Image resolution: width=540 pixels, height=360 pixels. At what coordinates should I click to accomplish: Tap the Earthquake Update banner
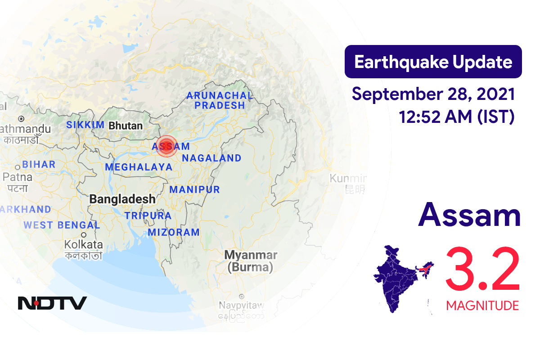point(433,62)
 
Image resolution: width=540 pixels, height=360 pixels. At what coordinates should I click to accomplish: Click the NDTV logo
point(52,303)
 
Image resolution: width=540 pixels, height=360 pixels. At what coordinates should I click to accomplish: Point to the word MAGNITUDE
point(482,306)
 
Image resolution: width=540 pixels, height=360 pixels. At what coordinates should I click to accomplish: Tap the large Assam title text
point(469,216)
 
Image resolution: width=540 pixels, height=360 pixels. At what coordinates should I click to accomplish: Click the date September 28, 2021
point(433,95)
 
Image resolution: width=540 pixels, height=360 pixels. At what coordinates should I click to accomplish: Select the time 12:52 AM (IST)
point(456,117)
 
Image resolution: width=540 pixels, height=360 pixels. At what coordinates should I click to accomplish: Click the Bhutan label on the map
point(126,126)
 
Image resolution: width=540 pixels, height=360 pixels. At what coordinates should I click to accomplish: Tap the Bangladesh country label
point(122,198)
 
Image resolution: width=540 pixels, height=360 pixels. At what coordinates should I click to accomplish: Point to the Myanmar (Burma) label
point(251,261)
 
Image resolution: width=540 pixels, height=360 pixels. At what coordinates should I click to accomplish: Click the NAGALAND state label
point(211,158)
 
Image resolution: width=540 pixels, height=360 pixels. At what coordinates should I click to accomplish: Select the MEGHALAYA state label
point(139,167)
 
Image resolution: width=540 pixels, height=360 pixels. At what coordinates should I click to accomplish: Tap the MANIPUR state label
point(195,189)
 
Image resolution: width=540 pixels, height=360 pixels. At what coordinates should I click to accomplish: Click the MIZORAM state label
point(174,232)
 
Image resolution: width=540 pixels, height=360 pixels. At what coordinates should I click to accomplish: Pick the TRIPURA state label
point(148,216)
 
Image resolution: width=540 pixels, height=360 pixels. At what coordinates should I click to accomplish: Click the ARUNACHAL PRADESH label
point(220,100)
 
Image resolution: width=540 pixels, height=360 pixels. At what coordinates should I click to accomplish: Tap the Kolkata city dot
point(84,235)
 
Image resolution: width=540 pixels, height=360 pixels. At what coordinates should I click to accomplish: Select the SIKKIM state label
point(85,125)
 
